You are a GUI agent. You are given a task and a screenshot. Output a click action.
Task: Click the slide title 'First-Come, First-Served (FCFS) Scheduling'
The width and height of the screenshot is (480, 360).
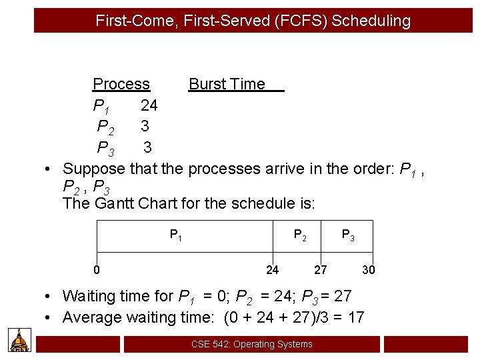click(x=253, y=21)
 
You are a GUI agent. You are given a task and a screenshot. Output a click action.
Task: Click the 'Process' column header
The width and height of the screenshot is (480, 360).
click(x=121, y=84)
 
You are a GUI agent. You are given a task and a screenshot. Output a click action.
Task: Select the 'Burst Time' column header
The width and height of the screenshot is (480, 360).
click(x=227, y=84)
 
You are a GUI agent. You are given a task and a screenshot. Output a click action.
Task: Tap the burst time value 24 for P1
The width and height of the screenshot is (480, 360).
click(x=149, y=105)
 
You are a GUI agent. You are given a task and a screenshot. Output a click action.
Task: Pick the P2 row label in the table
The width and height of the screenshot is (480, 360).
click(x=105, y=127)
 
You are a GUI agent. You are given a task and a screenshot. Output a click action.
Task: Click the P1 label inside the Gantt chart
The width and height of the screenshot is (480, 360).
click(x=175, y=235)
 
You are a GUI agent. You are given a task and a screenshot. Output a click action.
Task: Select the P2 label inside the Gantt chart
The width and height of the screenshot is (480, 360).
click(x=301, y=235)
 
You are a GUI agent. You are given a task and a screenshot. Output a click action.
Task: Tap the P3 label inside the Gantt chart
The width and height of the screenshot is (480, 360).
click(x=348, y=235)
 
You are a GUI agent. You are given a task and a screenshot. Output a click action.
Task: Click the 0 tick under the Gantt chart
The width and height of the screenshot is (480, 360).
click(x=97, y=270)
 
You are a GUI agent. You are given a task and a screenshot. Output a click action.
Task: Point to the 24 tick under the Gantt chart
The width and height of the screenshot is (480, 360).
click(x=272, y=270)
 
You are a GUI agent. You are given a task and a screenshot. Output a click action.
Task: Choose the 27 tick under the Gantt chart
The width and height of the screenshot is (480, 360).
click(x=321, y=270)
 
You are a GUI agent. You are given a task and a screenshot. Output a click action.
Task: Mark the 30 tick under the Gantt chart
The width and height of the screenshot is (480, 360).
click(x=369, y=270)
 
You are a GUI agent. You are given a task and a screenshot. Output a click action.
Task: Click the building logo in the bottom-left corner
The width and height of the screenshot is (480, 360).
click(x=20, y=340)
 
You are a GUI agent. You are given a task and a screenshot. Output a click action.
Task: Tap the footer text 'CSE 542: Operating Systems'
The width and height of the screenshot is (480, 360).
click(x=251, y=344)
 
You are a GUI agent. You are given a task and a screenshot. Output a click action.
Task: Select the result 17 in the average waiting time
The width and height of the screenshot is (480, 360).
click(x=355, y=317)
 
